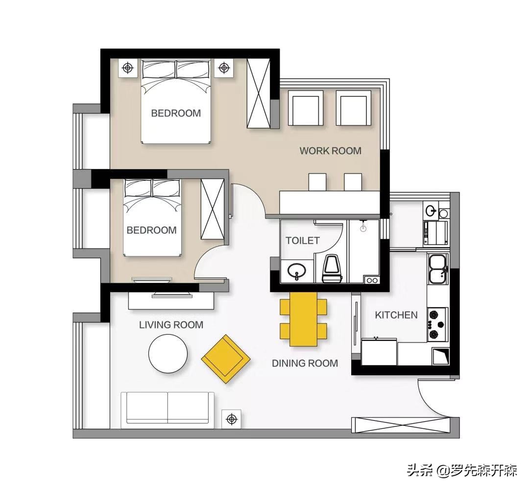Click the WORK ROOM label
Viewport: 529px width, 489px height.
pyautogui.click(x=330, y=150)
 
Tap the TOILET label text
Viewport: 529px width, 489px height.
pyautogui.click(x=303, y=241)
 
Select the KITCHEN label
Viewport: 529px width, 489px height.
pyautogui.click(x=396, y=315)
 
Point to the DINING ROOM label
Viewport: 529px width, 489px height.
pyautogui.click(x=305, y=363)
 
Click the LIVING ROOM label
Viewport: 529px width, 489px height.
pyautogui.click(x=171, y=325)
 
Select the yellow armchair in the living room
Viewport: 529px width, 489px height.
pyautogui.click(x=226, y=359)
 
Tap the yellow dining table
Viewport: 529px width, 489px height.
pyautogui.click(x=303, y=319)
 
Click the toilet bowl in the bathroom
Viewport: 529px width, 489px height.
pyautogui.click(x=332, y=269)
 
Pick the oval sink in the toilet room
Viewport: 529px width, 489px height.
pyautogui.click(x=296, y=270)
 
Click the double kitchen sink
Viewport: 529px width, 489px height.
pyautogui.click(x=438, y=269)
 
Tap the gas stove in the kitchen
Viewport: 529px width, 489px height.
pyautogui.click(x=438, y=324)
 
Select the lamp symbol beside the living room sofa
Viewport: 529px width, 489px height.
pyautogui.click(x=231, y=419)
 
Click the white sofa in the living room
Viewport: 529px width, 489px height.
pyautogui.click(x=168, y=408)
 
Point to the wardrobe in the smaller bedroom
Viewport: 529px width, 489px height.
pyautogui.click(x=213, y=209)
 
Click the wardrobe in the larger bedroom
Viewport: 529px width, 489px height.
pyautogui.click(x=259, y=94)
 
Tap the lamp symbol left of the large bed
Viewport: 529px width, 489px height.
pyautogui.click(x=127, y=68)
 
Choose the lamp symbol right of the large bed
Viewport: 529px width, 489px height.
pyautogui.click(x=224, y=68)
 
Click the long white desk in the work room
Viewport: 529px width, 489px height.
pyautogui.click(x=330, y=202)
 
